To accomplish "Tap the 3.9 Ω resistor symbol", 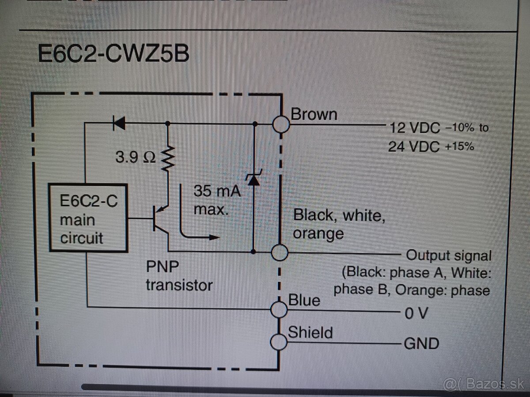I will click(x=167, y=159).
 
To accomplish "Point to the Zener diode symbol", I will click(x=254, y=179).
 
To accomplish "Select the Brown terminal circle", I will click(x=280, y=124).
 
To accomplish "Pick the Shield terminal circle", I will click(x=279, y=341).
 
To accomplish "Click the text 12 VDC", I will click(x=415, y=128).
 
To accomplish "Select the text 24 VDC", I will click(x=414, y=146).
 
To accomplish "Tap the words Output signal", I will click(x=448, y=255).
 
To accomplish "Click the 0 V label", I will click(x=416, y=313).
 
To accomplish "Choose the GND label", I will click(x=421, y=344).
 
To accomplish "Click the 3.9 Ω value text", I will click(x=135, y=157).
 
